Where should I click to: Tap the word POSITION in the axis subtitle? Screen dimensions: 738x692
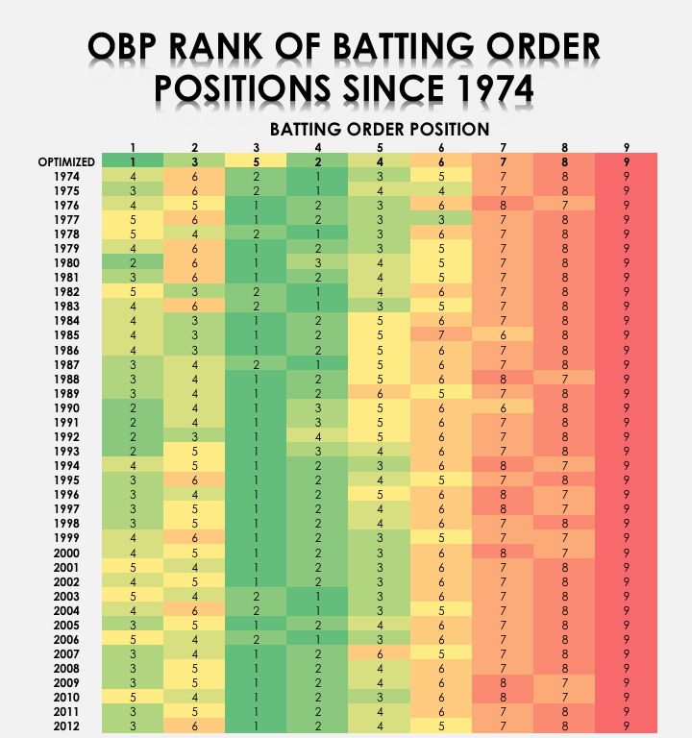pos(441,129)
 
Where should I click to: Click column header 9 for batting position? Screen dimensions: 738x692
pos(626,147)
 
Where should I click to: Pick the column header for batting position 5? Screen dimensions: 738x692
pos(380,147)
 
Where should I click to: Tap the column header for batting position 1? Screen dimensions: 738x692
pos(134,147)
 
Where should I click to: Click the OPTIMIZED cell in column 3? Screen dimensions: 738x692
pos(257,162)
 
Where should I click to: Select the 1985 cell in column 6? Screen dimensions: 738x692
pos(441,335)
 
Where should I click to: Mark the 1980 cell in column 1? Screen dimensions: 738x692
pos(134,263)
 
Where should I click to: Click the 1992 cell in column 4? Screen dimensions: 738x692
pos(318,436)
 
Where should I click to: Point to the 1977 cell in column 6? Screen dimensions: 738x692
pos(441,220)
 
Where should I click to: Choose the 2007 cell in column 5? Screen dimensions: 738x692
pos(380,652)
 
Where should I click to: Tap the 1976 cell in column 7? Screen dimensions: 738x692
pos(503,206)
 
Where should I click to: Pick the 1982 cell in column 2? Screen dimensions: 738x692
pos(195,292)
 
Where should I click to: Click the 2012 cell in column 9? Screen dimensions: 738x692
pos(626,725)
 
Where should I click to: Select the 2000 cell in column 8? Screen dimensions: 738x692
pos(564,552)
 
